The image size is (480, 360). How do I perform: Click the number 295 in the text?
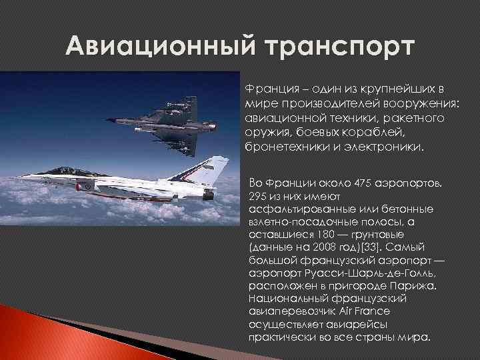257,197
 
